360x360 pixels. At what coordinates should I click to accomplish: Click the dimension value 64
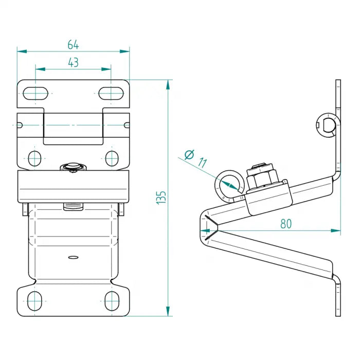pyautogui.click(x=73, y=44)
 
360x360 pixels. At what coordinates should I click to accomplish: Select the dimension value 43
pyautogui.click(x=73, y=62)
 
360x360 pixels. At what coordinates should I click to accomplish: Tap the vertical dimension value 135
pyautogui.click(x=161, y=197)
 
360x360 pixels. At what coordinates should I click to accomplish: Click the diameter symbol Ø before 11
pyautogui.click(x=188, y=154)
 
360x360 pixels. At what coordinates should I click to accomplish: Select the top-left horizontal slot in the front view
pyautogui.click(x=35, y=93)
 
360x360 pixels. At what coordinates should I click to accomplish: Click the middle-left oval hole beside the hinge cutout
pyautogui.click(x=35, y=158)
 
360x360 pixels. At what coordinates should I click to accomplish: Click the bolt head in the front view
pyautogui.click(x=73, y=167)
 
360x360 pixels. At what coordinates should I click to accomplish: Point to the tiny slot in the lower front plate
pyautogui.click(x=73, y=256)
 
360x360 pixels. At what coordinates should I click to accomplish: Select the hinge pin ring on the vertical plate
pyautogui.click(x=326, y=124)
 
